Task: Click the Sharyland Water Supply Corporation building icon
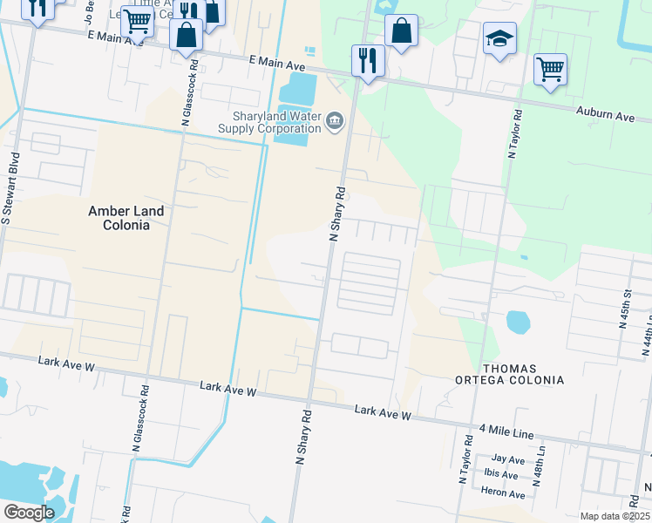coord(335,123)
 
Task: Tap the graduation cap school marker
coord(499,39)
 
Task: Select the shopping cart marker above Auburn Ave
coord(550,70)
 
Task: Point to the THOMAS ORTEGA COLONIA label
coord(509,375)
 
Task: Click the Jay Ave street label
coord(508,458)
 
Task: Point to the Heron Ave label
coord(503,494)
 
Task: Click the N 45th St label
coord(624,310)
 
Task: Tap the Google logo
coord(30,513)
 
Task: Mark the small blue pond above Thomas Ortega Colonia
coord(517,323)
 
